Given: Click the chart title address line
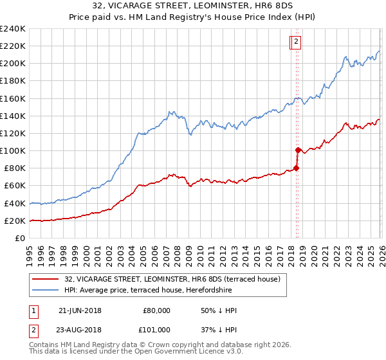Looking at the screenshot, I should point(193,6).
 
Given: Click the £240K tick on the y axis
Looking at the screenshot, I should point(12,29).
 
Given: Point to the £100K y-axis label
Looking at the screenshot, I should point(12,150).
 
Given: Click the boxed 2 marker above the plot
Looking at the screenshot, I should point(295,42).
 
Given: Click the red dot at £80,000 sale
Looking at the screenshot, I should point(296,168).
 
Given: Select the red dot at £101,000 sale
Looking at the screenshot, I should point(298,150).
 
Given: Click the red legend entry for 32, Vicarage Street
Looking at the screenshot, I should point(172,279).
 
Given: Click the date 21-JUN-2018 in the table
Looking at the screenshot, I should point(80,310).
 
